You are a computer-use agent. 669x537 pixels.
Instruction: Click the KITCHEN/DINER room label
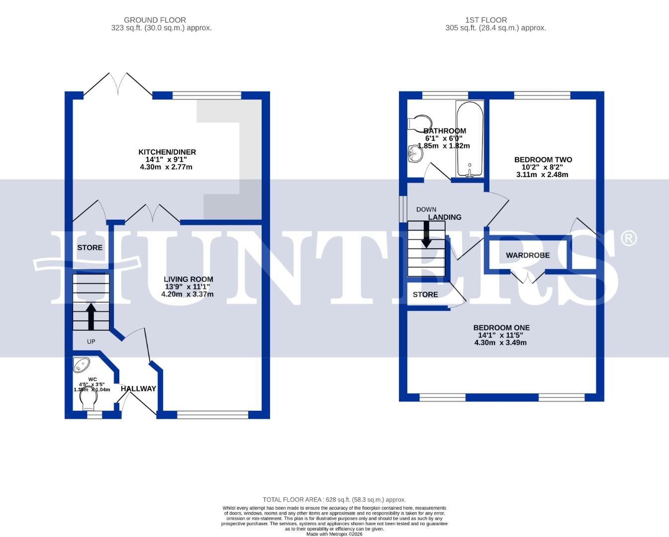pyautogui.click(x=167, y=152)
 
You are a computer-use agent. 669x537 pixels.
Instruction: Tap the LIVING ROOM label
pyautogui.click(x=189, y=279)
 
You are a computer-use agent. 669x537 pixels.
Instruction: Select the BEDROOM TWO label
pyautogui.click(x=543, y=160)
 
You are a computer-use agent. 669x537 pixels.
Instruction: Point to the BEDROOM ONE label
pyautogui.click(x=501, y=328)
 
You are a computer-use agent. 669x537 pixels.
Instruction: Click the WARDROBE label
pyautogui.click(x=528, y=255)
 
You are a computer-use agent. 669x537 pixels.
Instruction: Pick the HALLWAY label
pyautogui.click(x=138, y=389)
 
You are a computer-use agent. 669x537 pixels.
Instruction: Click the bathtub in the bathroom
pyautogui.click(x=470, y=139)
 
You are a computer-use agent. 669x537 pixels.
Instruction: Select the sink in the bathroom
pyautogui.click(x=414, y=154)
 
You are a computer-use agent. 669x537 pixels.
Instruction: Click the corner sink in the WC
pyautogui.click(x=81, y=365)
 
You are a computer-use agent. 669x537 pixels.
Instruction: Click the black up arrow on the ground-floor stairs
pyautogui.click(x=91, y=316)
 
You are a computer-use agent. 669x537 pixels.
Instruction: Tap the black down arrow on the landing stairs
pyautogui.click(x=426, y=235)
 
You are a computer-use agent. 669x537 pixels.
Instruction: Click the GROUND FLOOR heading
pyautogui.click(x=155, y=20)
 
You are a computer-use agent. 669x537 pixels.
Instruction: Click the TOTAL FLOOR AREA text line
pyautogui.click(x=334, y=500)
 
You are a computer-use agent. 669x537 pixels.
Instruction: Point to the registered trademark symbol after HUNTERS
pyautogui.click(x=629, y=238)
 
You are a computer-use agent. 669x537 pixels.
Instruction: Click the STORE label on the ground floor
pyautogui.click(x=90, y=248)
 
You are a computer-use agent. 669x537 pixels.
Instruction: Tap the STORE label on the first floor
pyautogui.click(x=425, y=294)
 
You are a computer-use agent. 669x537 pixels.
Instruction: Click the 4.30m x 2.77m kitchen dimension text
pyautogui.click(x=166, y=167)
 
